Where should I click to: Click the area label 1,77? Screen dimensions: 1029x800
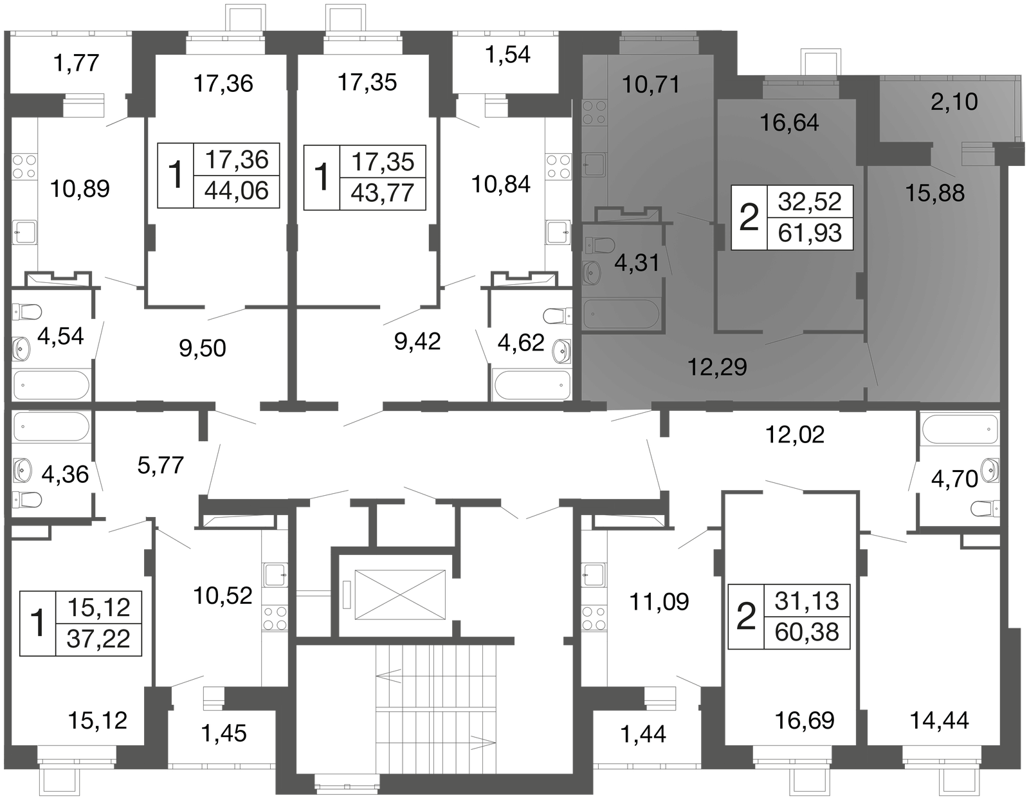click(77, 63)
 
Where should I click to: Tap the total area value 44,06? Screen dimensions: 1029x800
click(236, 191)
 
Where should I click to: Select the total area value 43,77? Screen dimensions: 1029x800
click(383, 193)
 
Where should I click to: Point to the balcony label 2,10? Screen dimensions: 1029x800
click(954, 102)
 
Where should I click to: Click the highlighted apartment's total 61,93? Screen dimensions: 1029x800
click(810, 233)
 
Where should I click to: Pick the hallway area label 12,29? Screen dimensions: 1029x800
click(717, 367)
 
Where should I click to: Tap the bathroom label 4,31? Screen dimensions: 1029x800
click(637, 263)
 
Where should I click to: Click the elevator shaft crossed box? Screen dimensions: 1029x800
click(400, 594)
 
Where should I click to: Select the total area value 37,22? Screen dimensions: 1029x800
click(98, 639)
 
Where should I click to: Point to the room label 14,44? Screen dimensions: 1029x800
click(939, 720)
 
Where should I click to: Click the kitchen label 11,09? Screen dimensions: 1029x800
click(659, 602)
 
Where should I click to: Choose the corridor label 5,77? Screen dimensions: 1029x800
click(161, 466)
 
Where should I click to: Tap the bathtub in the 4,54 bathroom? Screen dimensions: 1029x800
click(51, 385)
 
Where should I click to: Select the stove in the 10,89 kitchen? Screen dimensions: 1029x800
click(24, 167)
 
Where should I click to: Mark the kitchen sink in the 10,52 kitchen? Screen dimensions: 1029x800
click(275, 575)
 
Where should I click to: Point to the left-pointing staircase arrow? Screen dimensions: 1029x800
click(388, 676)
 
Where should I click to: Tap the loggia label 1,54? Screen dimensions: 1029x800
click(507, 55)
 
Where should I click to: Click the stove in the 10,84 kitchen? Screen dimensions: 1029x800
click(559, 167)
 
